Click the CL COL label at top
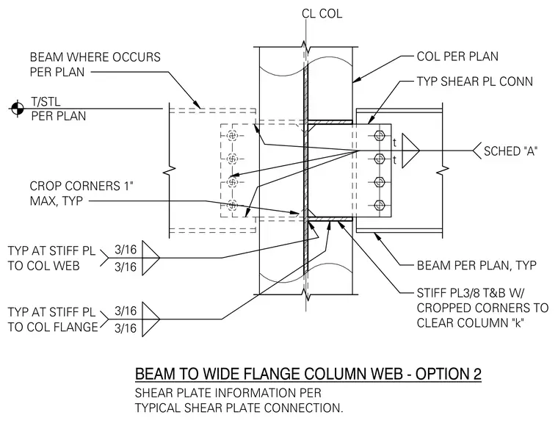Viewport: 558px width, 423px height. pos(322,13)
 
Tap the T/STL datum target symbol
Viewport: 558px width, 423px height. pos(18,109)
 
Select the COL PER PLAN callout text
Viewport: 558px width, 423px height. pos(457,57)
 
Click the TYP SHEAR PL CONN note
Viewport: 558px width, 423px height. pos(475,82)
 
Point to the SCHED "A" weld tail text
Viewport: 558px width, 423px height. pos(510,151)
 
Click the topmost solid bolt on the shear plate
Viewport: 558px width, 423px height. pos(380,136)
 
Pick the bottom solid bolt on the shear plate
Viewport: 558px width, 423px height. pos(380,206)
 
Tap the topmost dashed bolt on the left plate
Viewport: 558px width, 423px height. pos(233,136)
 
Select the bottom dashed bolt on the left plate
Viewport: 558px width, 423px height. pos(233,205)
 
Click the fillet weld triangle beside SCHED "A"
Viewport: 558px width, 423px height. pos(409,151)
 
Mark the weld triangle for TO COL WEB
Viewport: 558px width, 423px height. pos(149,258)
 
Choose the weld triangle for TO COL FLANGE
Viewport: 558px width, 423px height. pos(149,319)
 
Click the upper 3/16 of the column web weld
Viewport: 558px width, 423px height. pos(126,250)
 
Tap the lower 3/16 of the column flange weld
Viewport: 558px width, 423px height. pos(126,328)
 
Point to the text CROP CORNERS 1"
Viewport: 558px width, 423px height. pos(81,186)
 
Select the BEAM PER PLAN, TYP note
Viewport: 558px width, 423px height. pos(477,265)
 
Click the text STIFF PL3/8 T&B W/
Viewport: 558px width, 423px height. pos(471,293)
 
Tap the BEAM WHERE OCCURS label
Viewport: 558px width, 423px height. pos(95,57)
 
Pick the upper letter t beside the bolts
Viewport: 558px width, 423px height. pos(395,142)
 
